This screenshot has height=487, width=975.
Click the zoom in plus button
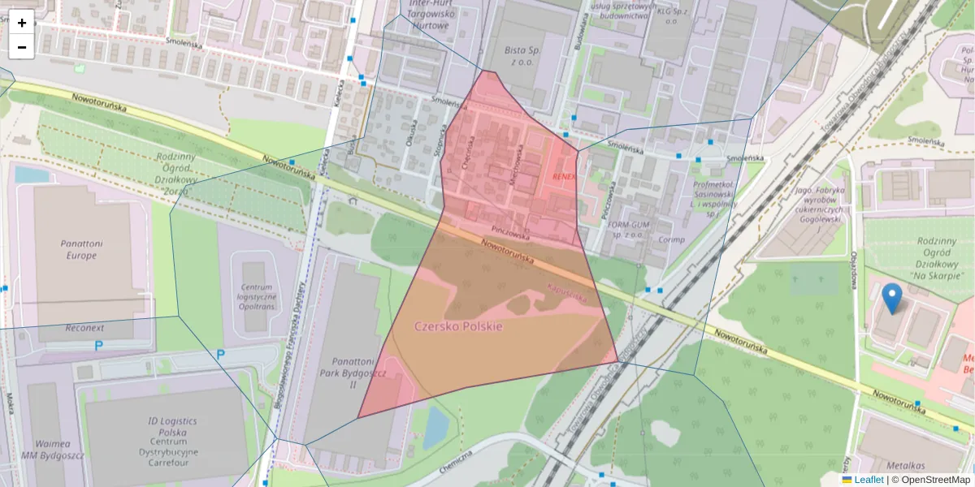point(22,23)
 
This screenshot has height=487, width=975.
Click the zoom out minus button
point(22,47)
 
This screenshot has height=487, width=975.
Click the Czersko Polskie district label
point(458,326)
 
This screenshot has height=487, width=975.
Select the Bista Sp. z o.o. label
point(522,54)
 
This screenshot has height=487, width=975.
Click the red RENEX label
point(563,175)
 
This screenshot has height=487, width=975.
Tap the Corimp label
point(671,240)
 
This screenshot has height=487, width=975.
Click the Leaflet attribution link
point(869,480)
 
